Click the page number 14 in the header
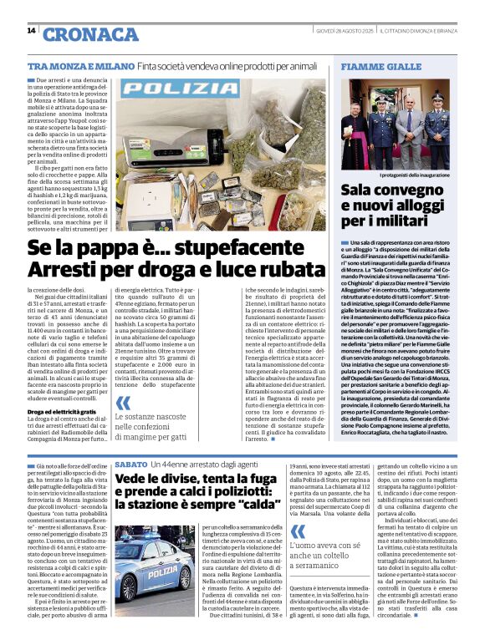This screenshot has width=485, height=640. tap(31, 31)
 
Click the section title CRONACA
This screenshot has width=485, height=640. tap(90, 34)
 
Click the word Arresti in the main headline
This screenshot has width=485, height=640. tap(63, 269)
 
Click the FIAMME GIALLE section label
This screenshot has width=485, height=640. tap(369, 66)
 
